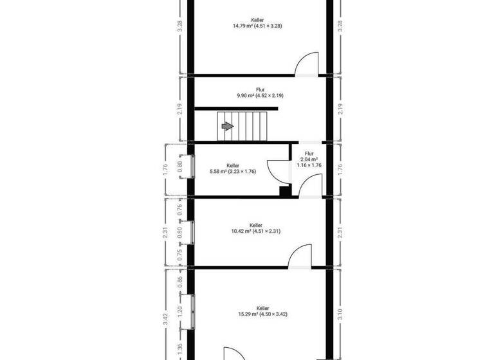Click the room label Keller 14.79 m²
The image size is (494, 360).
(257, 23)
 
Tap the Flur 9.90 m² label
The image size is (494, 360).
(260, 93)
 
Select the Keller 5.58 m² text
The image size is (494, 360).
(233, 168)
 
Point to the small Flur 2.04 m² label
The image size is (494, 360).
(309, 159)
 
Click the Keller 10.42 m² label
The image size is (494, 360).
(256, 228)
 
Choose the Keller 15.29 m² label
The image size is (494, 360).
(262, 311)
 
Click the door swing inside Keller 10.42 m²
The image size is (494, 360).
(299, 255)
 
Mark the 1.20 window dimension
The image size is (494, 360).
(179, 309)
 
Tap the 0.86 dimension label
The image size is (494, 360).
(179, 280)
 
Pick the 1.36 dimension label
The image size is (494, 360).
(179, 348)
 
